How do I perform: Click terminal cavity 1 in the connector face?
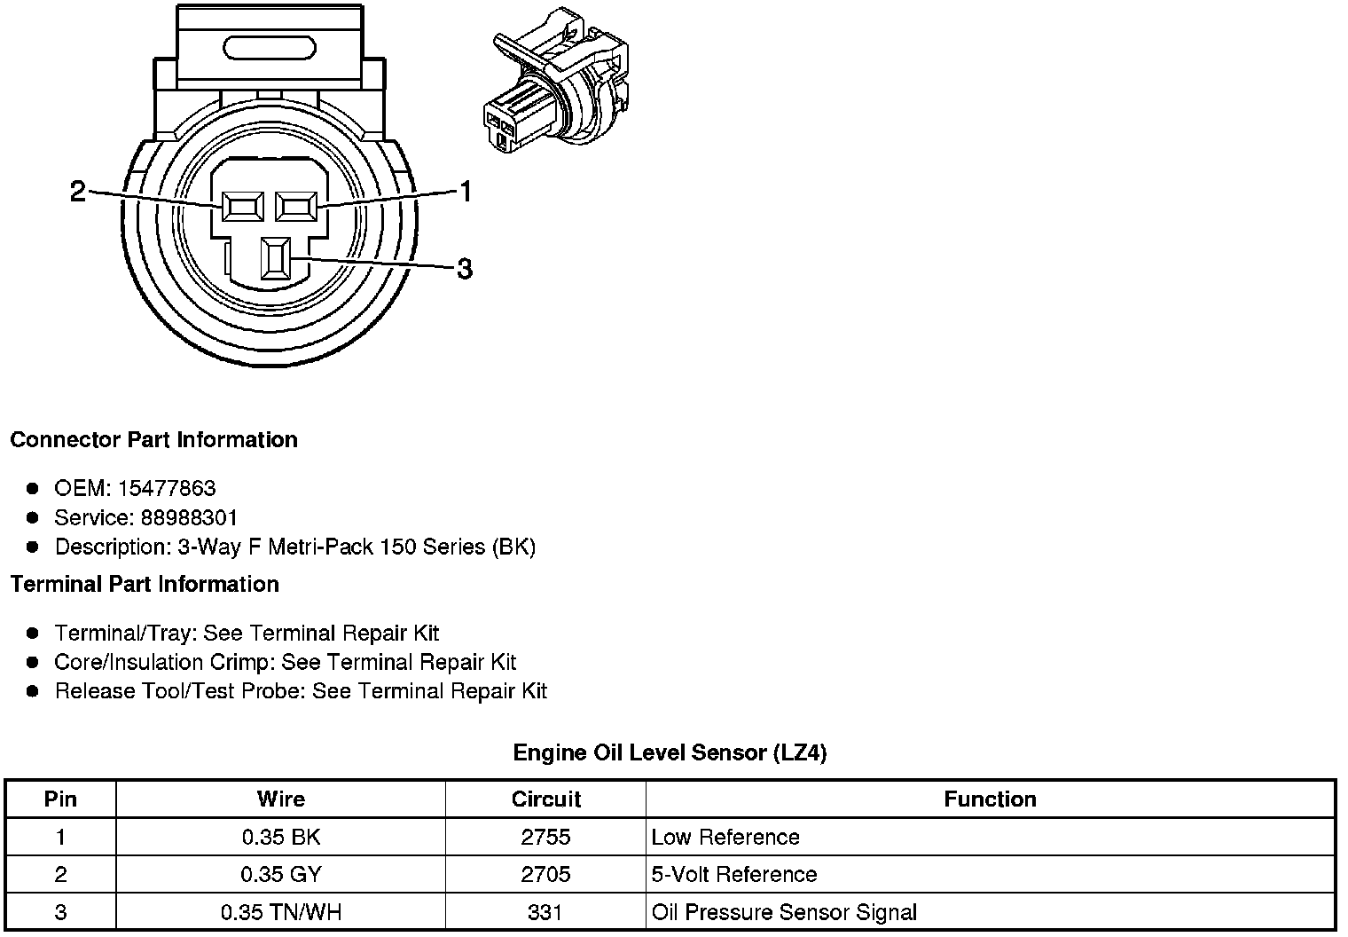tap(297, 208)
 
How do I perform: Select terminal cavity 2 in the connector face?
tap(242, 208)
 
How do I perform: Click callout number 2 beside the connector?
tap(78, 192)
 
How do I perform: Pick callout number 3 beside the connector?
tap(464, 268)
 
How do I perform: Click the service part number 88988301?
tap(189, 517)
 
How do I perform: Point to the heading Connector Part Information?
tap(153, 440)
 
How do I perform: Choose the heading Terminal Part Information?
tap(145, 584)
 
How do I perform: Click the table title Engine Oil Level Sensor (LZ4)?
tap(670, 753)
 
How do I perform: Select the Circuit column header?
tap(545, 799)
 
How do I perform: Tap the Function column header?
tap(990, 799)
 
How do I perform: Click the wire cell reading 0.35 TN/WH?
tap(280, 911)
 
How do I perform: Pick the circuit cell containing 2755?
tap(545, 837)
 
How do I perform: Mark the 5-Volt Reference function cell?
tap(733, 874)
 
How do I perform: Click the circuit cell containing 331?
tap(545, 911)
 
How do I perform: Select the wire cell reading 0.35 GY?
tap(280, 874)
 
